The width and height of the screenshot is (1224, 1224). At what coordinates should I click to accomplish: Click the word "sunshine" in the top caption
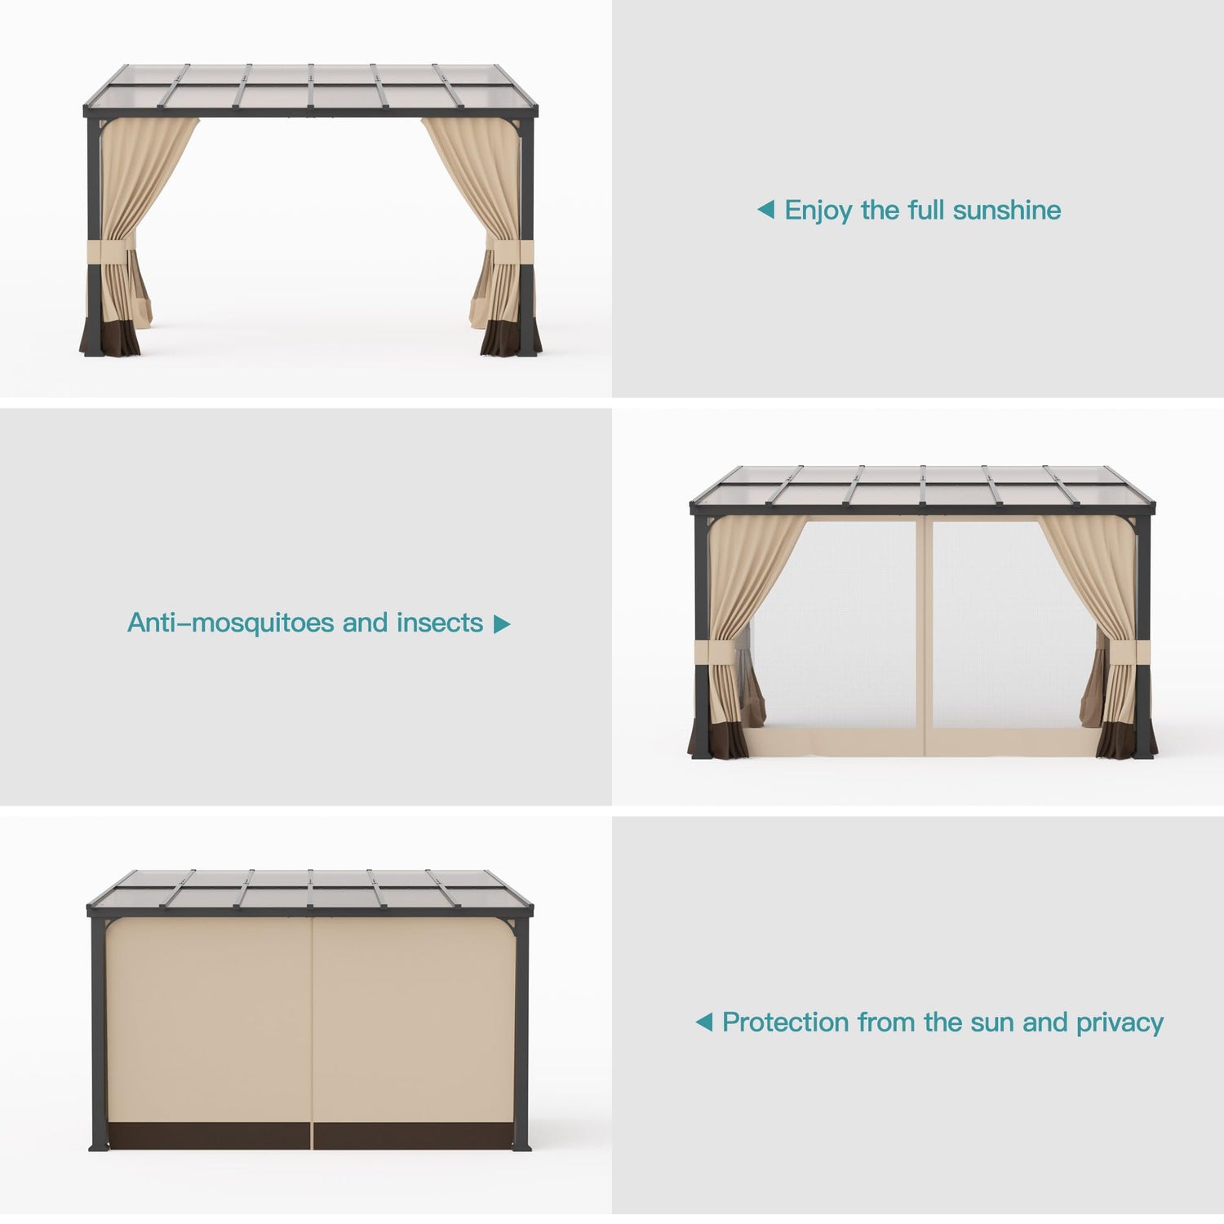tap(1007, 211)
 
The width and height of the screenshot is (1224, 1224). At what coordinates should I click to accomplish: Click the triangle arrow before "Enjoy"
tap(765, 211)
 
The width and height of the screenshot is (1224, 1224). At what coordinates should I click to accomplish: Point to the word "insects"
tap(440, 623)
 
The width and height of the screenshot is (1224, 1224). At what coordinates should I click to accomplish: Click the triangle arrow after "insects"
tap(503, 624)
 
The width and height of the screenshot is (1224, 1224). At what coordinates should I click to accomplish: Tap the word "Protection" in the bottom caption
tap(785, 1022)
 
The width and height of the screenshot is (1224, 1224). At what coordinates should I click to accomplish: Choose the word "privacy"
tap(1120, 1024)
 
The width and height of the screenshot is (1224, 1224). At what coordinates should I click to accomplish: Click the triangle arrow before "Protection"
tap(703, 1022)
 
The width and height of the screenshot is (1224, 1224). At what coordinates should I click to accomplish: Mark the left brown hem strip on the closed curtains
tap(208, 1136)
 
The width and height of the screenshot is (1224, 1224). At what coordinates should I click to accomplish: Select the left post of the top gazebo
tap(92, 237)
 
